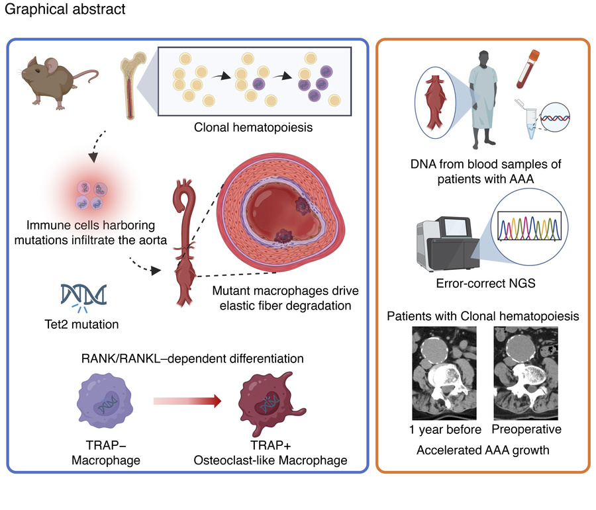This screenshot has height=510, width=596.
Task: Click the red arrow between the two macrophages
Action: (x=186, y=401)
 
